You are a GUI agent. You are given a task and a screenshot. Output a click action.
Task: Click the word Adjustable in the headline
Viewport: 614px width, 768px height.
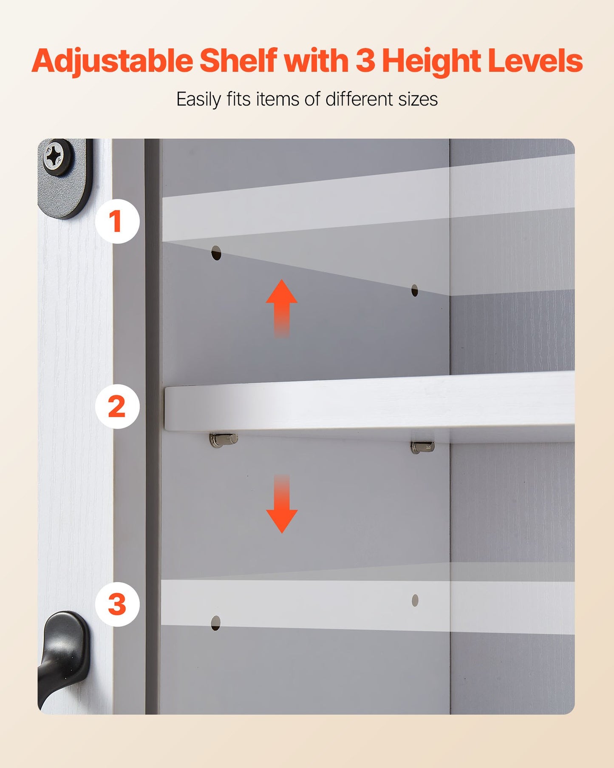112,61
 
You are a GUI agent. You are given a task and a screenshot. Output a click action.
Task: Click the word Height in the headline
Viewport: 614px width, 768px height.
431,61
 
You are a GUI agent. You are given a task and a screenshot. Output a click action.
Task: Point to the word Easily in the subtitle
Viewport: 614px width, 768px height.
198,100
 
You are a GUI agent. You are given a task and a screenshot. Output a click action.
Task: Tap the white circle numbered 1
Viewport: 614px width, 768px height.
117,221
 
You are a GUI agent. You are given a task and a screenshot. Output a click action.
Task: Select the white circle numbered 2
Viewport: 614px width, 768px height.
117,406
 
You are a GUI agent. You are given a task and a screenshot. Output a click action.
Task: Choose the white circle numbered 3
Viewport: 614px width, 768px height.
117,604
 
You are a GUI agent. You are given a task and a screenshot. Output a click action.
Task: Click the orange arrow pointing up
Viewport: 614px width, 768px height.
281,306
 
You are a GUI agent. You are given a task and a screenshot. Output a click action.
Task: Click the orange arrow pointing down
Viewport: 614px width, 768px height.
281,506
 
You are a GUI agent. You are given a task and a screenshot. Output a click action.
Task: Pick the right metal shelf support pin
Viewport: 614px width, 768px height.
422,447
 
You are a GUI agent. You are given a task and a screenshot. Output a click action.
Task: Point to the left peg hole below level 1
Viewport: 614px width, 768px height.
216,253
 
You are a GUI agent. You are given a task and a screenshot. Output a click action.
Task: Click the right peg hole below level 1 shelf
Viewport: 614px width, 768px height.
415,291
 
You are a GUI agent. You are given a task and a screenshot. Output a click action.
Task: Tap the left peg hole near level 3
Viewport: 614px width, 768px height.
216,623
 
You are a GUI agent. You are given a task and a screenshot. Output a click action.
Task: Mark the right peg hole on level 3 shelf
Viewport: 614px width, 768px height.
415,600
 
